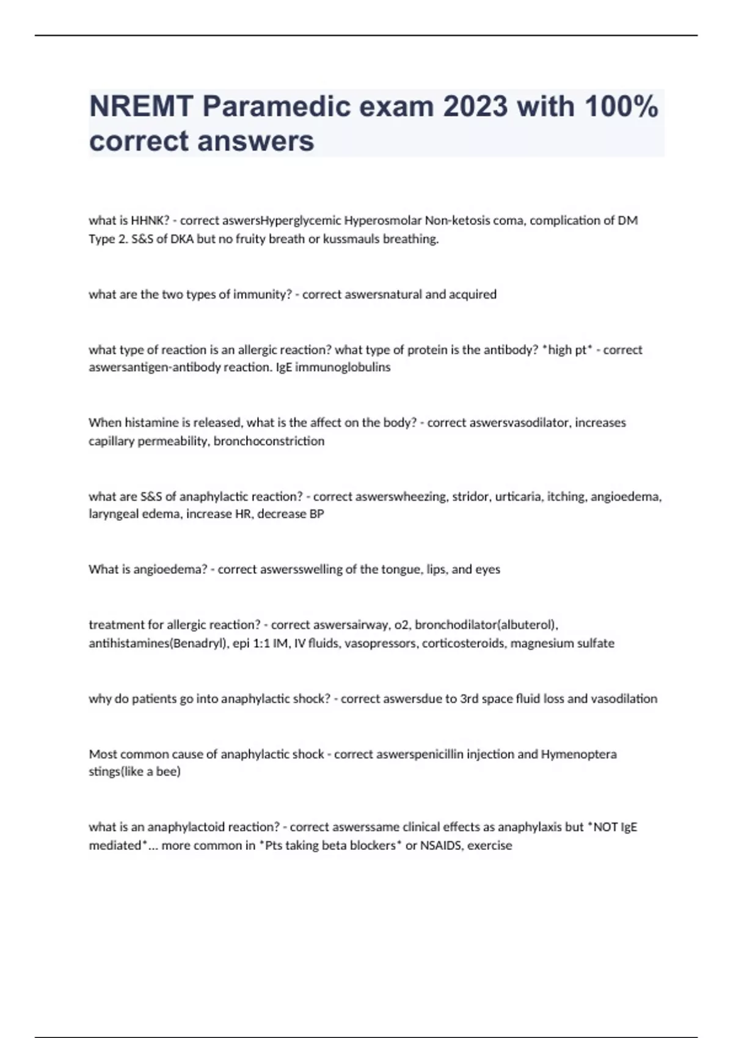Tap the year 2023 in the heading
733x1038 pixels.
coord(475,107)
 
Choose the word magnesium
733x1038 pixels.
coord(542,643)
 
